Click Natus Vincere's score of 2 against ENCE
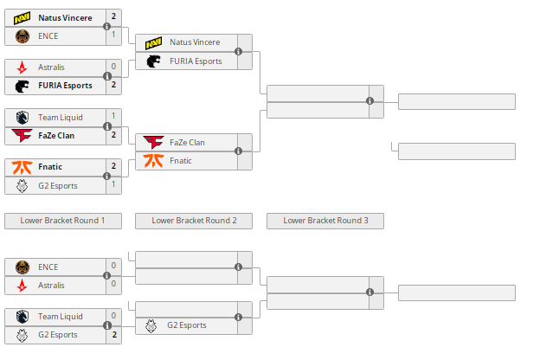point(113,17)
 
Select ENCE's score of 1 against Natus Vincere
point(113,35)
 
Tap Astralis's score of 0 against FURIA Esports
point(113,67)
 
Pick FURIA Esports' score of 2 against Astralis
point(113,85)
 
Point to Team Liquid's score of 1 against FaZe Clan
point(113,116)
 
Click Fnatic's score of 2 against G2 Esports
point(113,166)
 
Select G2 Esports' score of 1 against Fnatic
point(113,184)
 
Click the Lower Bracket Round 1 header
point(63,221)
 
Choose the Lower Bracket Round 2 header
point(194,221)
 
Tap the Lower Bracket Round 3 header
point(325,221)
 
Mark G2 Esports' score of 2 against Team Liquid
point(113,334)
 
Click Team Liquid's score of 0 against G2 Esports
point(113,316)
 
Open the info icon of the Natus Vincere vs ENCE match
point(107,27)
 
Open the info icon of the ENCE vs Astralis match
point(107,276)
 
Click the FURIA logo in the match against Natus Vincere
point(153,61)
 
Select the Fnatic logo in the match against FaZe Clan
point(153,160)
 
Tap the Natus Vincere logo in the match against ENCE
point(22,17)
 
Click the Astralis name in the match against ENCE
point(51,285)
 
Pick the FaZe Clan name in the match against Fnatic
point(187,142)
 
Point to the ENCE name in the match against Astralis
point(48,267)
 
